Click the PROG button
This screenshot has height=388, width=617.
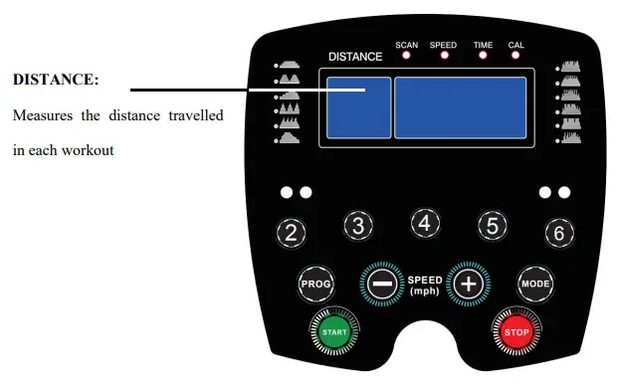pyautogui.click(x=313, y=284)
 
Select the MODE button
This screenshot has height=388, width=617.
pyautogui.click(x=533, y=284)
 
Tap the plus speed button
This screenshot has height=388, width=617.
pyautogui.click(x=468, y=284)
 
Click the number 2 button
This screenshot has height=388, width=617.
pyautogui.click(x=291, y=234)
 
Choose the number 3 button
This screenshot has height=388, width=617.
pyautogui.click(x=358, y=225)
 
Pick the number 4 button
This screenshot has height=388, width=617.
pyautogui.click(x=425, y=223)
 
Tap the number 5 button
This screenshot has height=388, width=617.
pyautogui.click(x=492, y=225)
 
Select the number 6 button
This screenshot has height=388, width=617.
pyautogui.click(x=559, y=234)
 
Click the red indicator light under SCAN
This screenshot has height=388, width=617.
pyautogui.click(x=407, y=56)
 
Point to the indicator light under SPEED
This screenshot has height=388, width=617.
pyautogui.click(x=444, y=56)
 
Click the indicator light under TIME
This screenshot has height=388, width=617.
pyautogui.click(x=483, y=56)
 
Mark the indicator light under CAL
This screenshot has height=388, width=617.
pyautogui.click(x=516, y=56)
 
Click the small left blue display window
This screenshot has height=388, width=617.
pyautogui.click(x=358, y=107)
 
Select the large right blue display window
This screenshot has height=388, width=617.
pyautogui.click(x=461, y=107)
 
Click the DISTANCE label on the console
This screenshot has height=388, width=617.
pyautogui.click(x=355, y=57)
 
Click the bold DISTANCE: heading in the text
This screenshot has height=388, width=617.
pyautogui.click(x=56, y=79)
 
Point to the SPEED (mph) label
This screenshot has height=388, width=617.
pyautogui.click(x=425, y=285)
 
